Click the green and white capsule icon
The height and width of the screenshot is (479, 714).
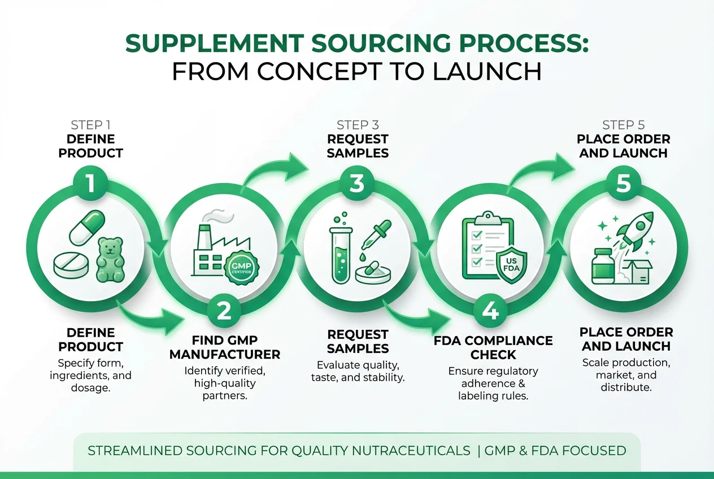click(88, 229)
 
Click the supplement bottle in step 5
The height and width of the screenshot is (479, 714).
click(603, 265)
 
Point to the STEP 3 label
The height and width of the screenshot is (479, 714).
click(357, 125)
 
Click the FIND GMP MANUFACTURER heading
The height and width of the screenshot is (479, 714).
click(224, 347)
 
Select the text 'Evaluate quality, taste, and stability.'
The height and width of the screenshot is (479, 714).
click(357, 371)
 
